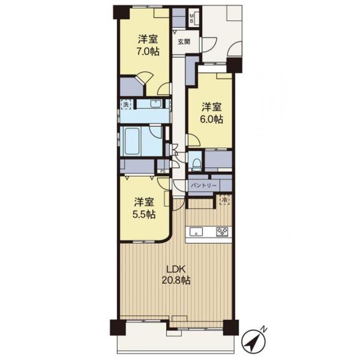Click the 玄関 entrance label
click(x=184, y=42)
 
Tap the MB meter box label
click(x=192, y=18)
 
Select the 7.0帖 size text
click(x=148, y=51)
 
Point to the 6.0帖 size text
click(x=212, y=119)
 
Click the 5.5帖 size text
click(x=144, y=215)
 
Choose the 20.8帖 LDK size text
click(x=176, y=280)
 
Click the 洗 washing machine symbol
click(x=126, y=105)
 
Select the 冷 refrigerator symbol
click(x=224, y=200)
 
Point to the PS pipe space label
click(x=163, y=171)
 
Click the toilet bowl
click(x=196, y=164)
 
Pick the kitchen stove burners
click(x=222, y=231)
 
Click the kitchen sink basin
click(x=196, y=231)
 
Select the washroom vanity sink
click(x=156, y=103)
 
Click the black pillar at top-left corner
click(x=121, y=12)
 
